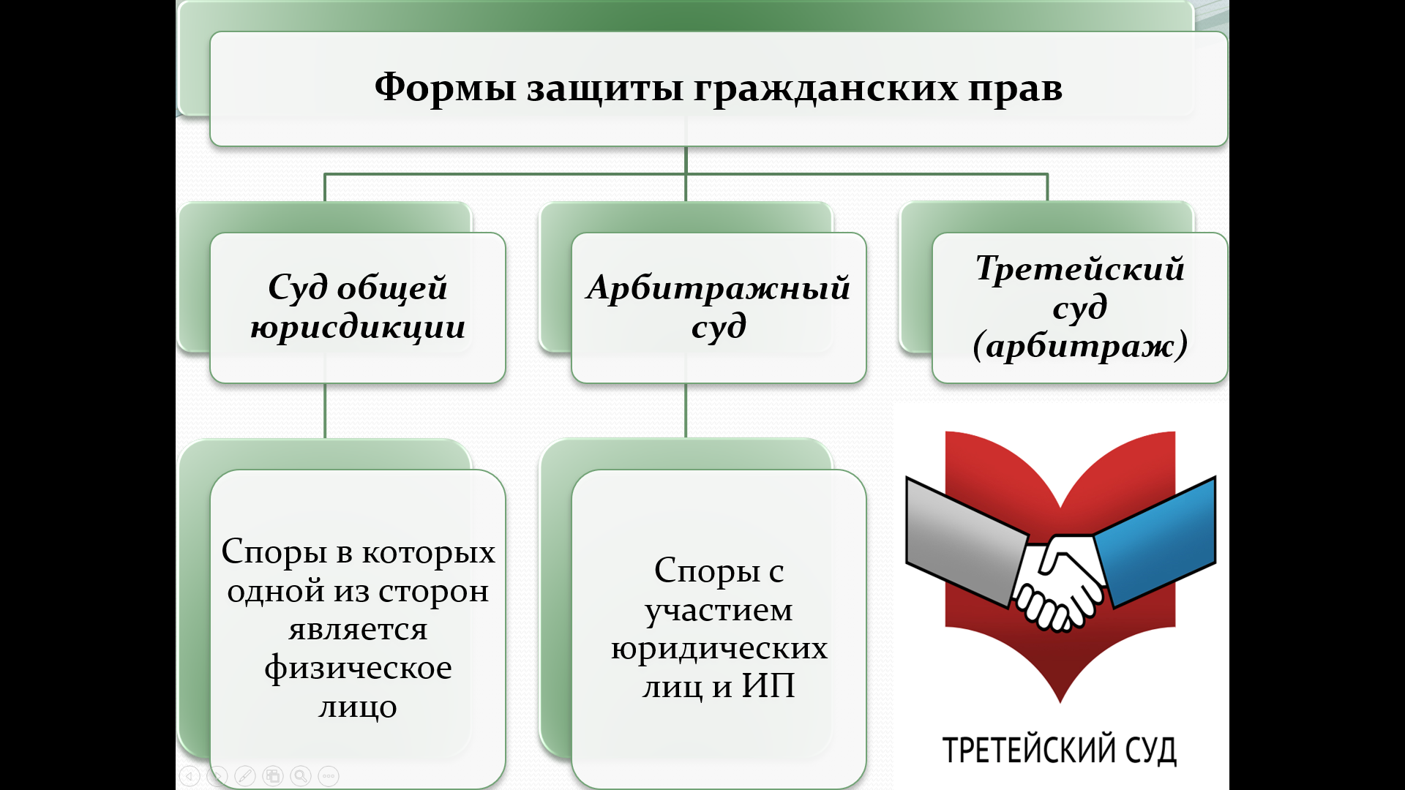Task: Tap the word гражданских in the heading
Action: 825,89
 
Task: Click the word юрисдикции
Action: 358,327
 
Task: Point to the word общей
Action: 392,287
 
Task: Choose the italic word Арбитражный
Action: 719,288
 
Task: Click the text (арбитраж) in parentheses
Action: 1079,345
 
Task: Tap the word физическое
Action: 358,668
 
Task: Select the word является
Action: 358,629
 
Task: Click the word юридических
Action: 719,648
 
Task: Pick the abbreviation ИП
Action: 768,686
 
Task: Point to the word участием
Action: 719,609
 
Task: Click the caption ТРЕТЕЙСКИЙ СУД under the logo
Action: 1059,750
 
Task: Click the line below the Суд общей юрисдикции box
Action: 325,410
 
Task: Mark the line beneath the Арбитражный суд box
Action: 686,410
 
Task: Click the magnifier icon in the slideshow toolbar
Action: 301,776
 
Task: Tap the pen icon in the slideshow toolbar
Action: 245,776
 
